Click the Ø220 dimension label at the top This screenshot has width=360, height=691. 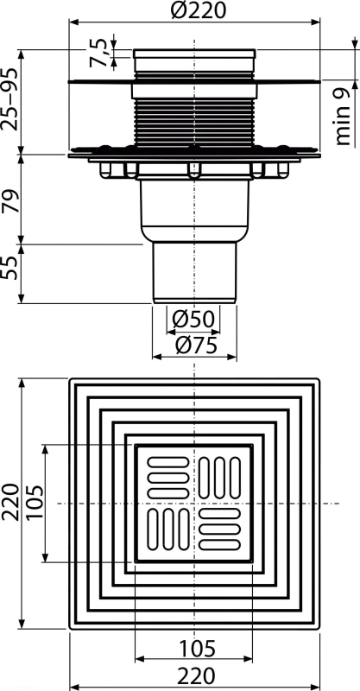[198, 10]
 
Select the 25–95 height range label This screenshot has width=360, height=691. [9, 99]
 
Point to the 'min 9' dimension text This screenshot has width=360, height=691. [343, 117]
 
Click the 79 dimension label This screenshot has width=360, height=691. [10, 201]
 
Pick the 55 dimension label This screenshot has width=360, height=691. [10, 267]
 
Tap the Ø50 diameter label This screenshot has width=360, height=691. [193, 319]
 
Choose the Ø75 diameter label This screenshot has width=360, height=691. [196, 346]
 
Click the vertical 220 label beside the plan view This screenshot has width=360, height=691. [9, 502]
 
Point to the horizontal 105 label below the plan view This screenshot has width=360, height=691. [197, 649]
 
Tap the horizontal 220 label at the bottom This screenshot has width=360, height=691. [196, 675]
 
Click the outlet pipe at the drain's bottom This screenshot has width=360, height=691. [194, 273]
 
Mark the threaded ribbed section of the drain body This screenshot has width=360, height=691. [194, 122]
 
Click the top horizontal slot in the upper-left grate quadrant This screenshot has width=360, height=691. [167, 462]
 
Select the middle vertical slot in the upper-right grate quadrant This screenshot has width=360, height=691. [220, 479]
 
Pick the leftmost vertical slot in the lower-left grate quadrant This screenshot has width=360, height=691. [152, 529]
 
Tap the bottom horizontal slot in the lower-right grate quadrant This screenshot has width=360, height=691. [220, 545]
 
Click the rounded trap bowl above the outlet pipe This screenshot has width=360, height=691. [194, 211]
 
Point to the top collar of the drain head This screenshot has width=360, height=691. [194, 54]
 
